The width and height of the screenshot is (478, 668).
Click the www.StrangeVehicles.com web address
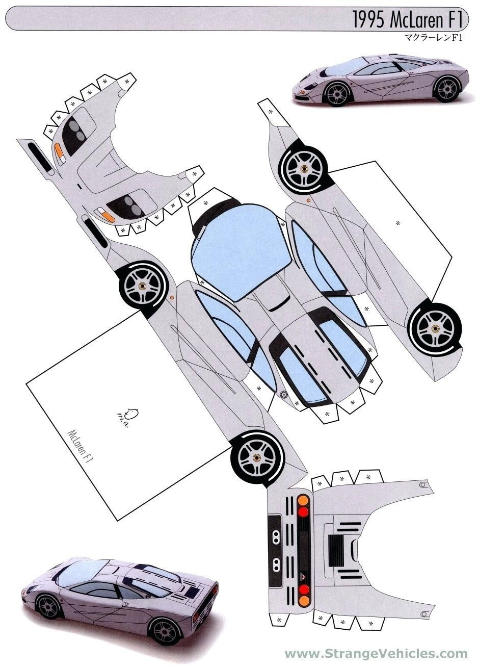376,654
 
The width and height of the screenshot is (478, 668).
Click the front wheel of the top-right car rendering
337,93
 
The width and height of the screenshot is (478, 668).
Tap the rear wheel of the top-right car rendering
447,88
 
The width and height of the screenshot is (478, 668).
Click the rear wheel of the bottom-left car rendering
164,631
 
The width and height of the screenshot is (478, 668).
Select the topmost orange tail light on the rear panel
303,500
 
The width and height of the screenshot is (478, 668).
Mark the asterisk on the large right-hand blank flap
398,223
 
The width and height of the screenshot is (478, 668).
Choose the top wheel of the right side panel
304,169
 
